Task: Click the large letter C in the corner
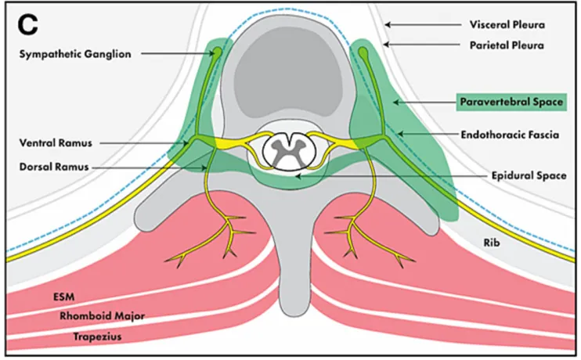(27, 24)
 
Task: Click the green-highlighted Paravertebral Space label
(510, 102)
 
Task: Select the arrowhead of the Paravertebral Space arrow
(394, 102)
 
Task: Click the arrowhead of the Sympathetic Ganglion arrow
(213, 54)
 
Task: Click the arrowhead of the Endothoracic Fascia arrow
(399, 135)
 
